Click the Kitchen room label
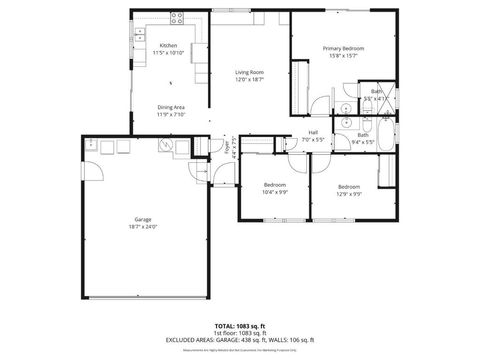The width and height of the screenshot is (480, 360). [168, 46]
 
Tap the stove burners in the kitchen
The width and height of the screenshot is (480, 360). [177, 16]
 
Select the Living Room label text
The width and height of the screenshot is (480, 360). [249, 72]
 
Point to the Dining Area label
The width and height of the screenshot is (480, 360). [170, 107]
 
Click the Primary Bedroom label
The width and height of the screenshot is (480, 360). [343, 48]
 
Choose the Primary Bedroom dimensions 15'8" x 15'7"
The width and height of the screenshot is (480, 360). [343, 55]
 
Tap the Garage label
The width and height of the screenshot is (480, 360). [143, 219]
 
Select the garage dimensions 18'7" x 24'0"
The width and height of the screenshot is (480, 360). [143, 226]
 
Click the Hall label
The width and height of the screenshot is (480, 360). [313, 132]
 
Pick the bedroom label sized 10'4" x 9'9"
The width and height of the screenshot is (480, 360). [275, 186]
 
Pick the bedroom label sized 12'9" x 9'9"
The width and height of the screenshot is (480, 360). [348, 186]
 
